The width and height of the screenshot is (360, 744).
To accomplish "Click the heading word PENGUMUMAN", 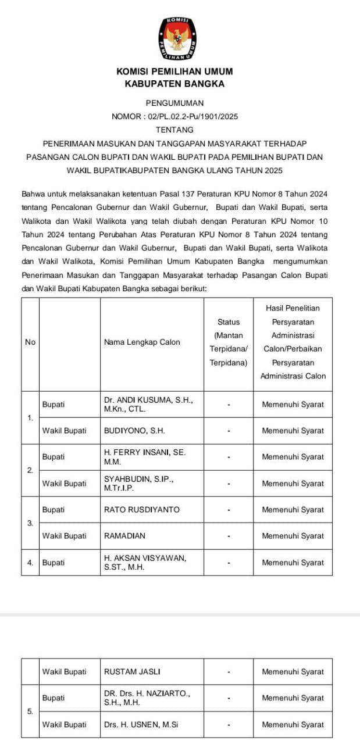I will click(x=174, y=102).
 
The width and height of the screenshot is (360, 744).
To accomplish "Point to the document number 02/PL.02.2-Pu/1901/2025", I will click(x=193, y=116).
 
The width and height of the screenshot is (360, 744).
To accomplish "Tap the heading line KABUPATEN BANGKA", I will click(x=174, y=84).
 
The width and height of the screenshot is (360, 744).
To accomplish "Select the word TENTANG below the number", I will click(x=174, y=130).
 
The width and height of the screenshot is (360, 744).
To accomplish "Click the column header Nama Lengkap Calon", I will click(x=142, y=342).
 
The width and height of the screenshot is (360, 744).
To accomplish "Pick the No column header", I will click(x=30, y=342).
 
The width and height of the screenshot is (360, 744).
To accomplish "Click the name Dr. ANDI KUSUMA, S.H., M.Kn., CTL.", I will click(x=148, y=405).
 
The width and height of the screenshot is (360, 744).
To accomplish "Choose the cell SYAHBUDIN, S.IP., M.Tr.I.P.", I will click(x=138, y=484).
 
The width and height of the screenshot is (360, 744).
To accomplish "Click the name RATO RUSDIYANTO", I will click(x=142, y=510).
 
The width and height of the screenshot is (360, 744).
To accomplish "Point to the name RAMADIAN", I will click(x=124, y=536).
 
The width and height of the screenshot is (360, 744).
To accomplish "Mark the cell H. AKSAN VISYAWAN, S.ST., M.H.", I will click(x=145, y=563).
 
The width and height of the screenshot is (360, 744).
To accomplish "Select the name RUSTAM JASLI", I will click(x=132, y=672).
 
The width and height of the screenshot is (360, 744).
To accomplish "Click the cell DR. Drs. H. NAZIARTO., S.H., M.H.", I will click(x=147, y=698).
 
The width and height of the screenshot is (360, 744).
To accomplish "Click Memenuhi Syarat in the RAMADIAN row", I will click(x=293, y=536).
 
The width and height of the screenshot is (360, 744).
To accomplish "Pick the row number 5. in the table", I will click(x=30, y=711).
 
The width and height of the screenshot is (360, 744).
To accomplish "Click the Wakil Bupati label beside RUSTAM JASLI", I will click(x=64, y=672).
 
